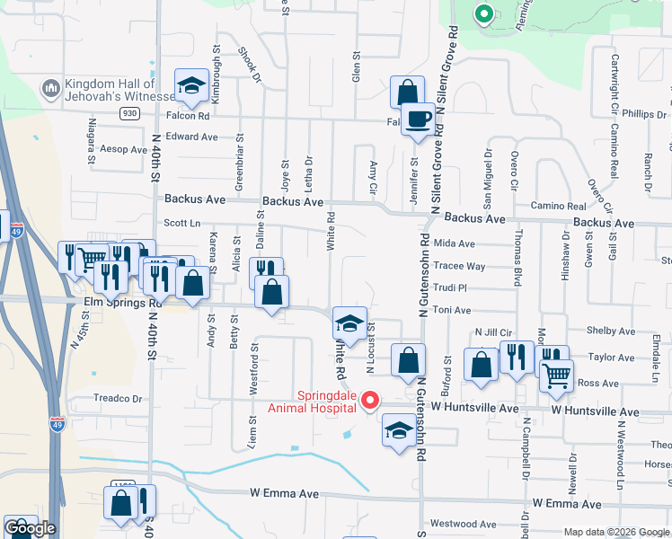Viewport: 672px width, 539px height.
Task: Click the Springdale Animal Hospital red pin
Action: point(368,402)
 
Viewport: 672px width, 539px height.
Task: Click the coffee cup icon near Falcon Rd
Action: point(417,120)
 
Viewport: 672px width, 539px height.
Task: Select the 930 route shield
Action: point(130,113)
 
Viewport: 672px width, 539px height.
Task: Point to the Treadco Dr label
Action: point(119,398)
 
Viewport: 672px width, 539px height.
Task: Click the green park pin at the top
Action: point(483,14)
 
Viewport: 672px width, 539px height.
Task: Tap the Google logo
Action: point(31,528)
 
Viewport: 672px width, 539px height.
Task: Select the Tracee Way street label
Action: point(459,267)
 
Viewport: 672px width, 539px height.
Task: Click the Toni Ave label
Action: point(452,310)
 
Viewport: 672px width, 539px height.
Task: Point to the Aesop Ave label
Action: point(123,149)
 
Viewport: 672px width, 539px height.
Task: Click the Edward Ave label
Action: point(192,137)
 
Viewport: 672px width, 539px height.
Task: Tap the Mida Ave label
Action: point(454,243)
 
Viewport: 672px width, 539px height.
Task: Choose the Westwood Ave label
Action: point(464,524)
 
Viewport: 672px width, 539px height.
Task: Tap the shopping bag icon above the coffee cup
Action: point(407,92)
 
